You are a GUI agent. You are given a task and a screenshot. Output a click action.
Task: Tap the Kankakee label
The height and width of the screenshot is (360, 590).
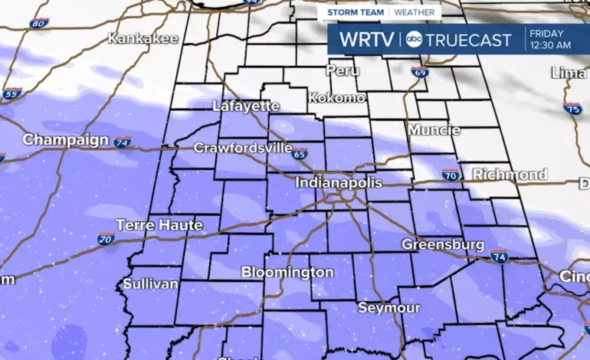click(x=143, y=38)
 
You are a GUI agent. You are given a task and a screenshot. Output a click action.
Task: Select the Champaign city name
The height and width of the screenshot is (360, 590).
click(x=66, y=140)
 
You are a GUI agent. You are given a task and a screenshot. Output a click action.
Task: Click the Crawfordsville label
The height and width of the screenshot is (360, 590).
click(x=243, y=148)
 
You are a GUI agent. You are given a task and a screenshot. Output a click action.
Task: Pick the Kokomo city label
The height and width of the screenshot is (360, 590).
click(x=336, y=98)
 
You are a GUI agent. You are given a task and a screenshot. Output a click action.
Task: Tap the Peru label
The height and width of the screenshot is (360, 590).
click(x=343, y=70)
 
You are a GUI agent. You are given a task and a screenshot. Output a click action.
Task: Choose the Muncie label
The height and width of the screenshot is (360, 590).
click(x=434, y=130)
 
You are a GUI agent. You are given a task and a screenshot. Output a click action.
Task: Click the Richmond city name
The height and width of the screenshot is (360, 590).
click(x=510, y=175)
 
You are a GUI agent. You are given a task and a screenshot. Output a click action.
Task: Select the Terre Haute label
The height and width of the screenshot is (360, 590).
click(x=159, y=225)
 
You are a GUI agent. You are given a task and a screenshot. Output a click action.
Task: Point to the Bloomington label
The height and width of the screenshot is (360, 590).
click(x=287, y=272)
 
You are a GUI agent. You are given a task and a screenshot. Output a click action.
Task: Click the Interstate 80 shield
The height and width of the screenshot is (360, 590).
click(x=40, y=23)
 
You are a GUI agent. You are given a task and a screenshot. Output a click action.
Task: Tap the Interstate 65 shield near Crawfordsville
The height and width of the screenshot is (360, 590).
click(x=299, y=153)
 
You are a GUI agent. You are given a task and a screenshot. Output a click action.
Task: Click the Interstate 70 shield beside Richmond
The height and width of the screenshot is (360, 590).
click(x=451, y=175)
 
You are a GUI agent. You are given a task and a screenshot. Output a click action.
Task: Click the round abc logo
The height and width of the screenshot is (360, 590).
click(x=413, y=39)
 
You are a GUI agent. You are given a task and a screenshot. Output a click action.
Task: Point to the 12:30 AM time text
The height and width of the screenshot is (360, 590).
click(x=550, y=45)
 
